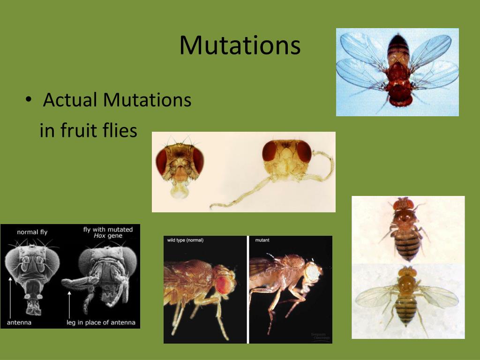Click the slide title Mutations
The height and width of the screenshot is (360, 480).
pos(240,45)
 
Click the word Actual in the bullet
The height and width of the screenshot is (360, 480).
pos(70,100)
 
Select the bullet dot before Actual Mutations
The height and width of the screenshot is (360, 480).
pos(29,101)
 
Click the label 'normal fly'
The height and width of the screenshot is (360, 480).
pos(32,232)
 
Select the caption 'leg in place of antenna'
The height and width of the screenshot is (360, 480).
pos(101,322)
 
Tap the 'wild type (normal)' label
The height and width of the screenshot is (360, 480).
pos(186,240)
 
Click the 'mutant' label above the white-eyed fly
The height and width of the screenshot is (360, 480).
pos(262,240)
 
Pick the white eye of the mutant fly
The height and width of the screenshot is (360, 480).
pos(311,271)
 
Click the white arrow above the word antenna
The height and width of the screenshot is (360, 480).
pos(10,295)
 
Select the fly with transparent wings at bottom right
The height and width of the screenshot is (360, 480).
pos(406,298)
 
